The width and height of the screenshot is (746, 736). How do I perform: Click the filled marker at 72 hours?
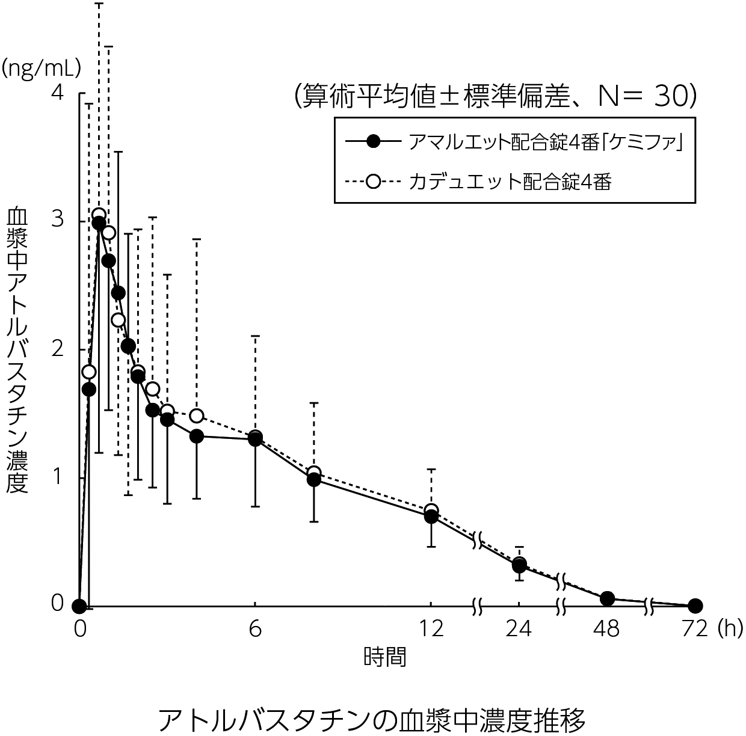[x=695, y=605]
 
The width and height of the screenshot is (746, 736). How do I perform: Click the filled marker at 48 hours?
[x=607, y=598]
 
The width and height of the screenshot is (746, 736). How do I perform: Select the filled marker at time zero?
[x=79, y=605]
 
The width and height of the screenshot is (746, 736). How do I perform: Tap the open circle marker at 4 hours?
[x=196, y=416]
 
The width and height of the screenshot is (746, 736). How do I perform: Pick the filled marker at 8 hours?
[x=313, y=479]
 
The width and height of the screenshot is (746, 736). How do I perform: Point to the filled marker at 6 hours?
[x=255, y=440]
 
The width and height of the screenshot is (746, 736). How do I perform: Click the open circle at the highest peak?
[x=99, y=215]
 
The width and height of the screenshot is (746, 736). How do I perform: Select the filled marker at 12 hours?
[x=431, y=516]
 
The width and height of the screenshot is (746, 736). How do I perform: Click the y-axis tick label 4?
[x=57, y=93]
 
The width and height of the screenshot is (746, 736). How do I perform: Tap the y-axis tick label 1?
[x=57, y=476]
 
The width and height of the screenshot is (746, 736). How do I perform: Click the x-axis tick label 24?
[x=519, y=628]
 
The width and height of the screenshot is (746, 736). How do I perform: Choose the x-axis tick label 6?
[x=255, y=628]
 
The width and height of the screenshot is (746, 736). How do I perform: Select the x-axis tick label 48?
[x=606, y=628]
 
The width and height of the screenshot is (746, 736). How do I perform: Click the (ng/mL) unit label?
[x=41, y=68]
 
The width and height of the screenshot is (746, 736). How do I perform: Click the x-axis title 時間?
[x=384, y=656]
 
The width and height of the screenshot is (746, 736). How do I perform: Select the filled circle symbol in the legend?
[x=374, y=142]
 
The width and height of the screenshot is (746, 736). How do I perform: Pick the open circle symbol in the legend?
[x=374, y=181]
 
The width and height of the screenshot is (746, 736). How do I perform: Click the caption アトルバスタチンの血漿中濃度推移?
[x=372, y=719]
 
